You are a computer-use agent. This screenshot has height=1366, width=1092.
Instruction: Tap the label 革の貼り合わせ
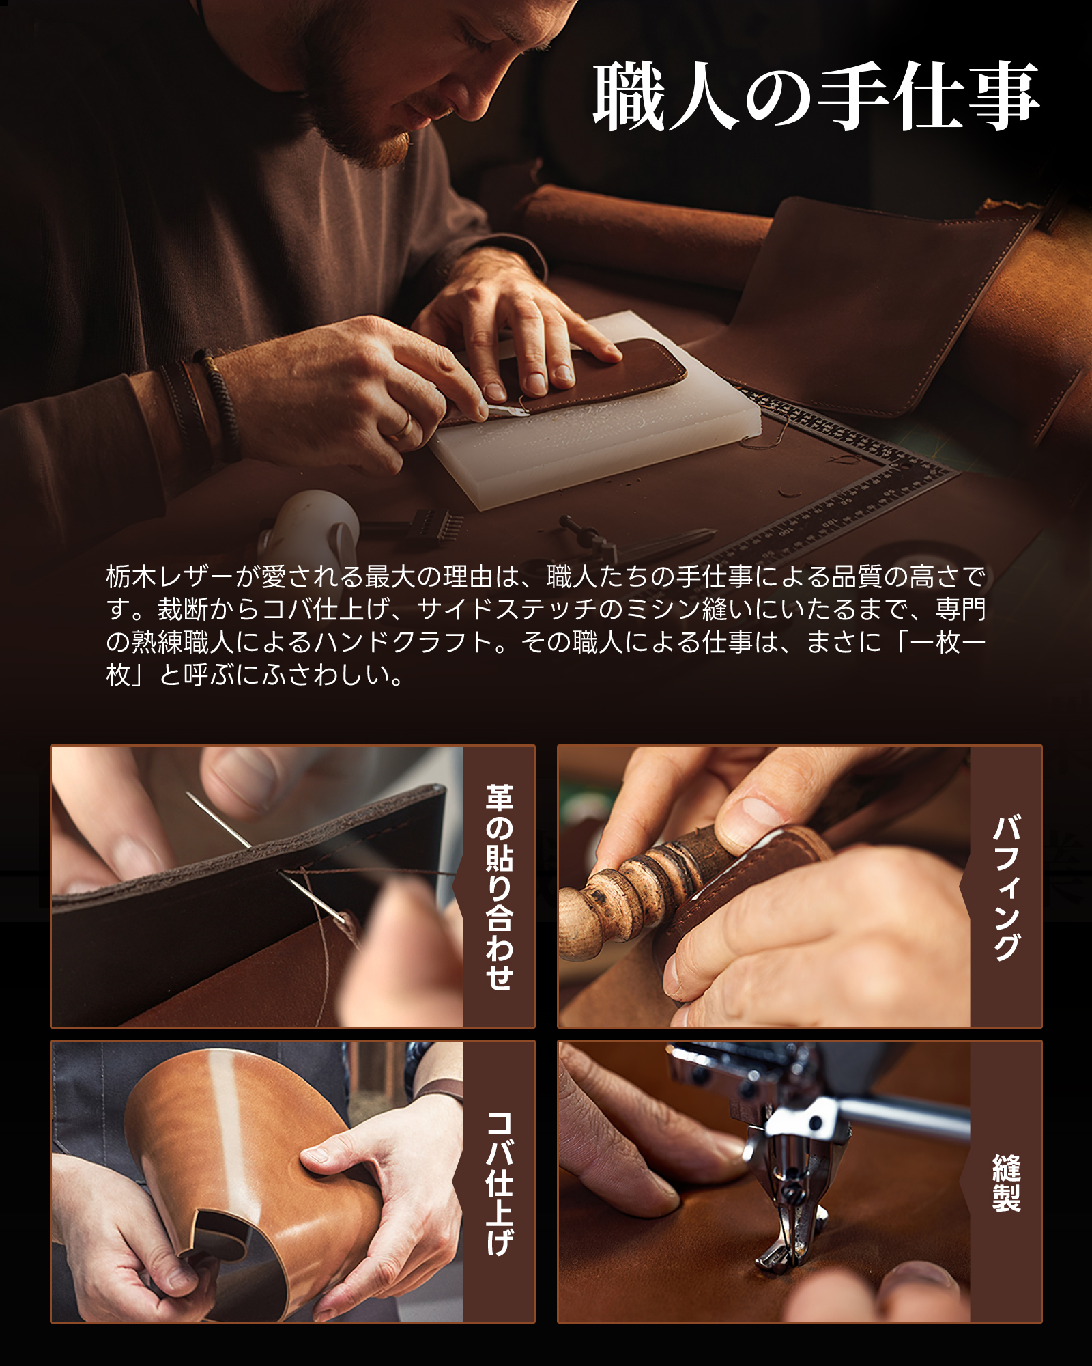499,887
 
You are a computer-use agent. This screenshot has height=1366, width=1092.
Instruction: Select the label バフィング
1006,887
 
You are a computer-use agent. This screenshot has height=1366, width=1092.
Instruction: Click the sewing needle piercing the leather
266,858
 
